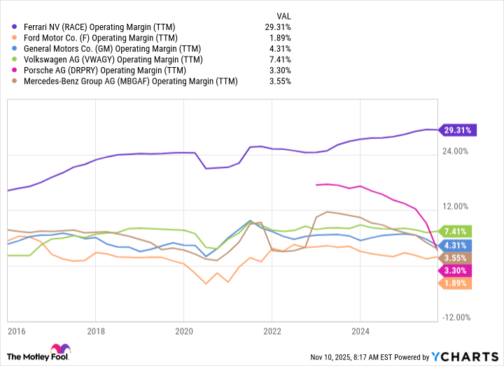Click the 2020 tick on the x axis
[x=183, y=331]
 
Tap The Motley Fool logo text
[x=29, y=356]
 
